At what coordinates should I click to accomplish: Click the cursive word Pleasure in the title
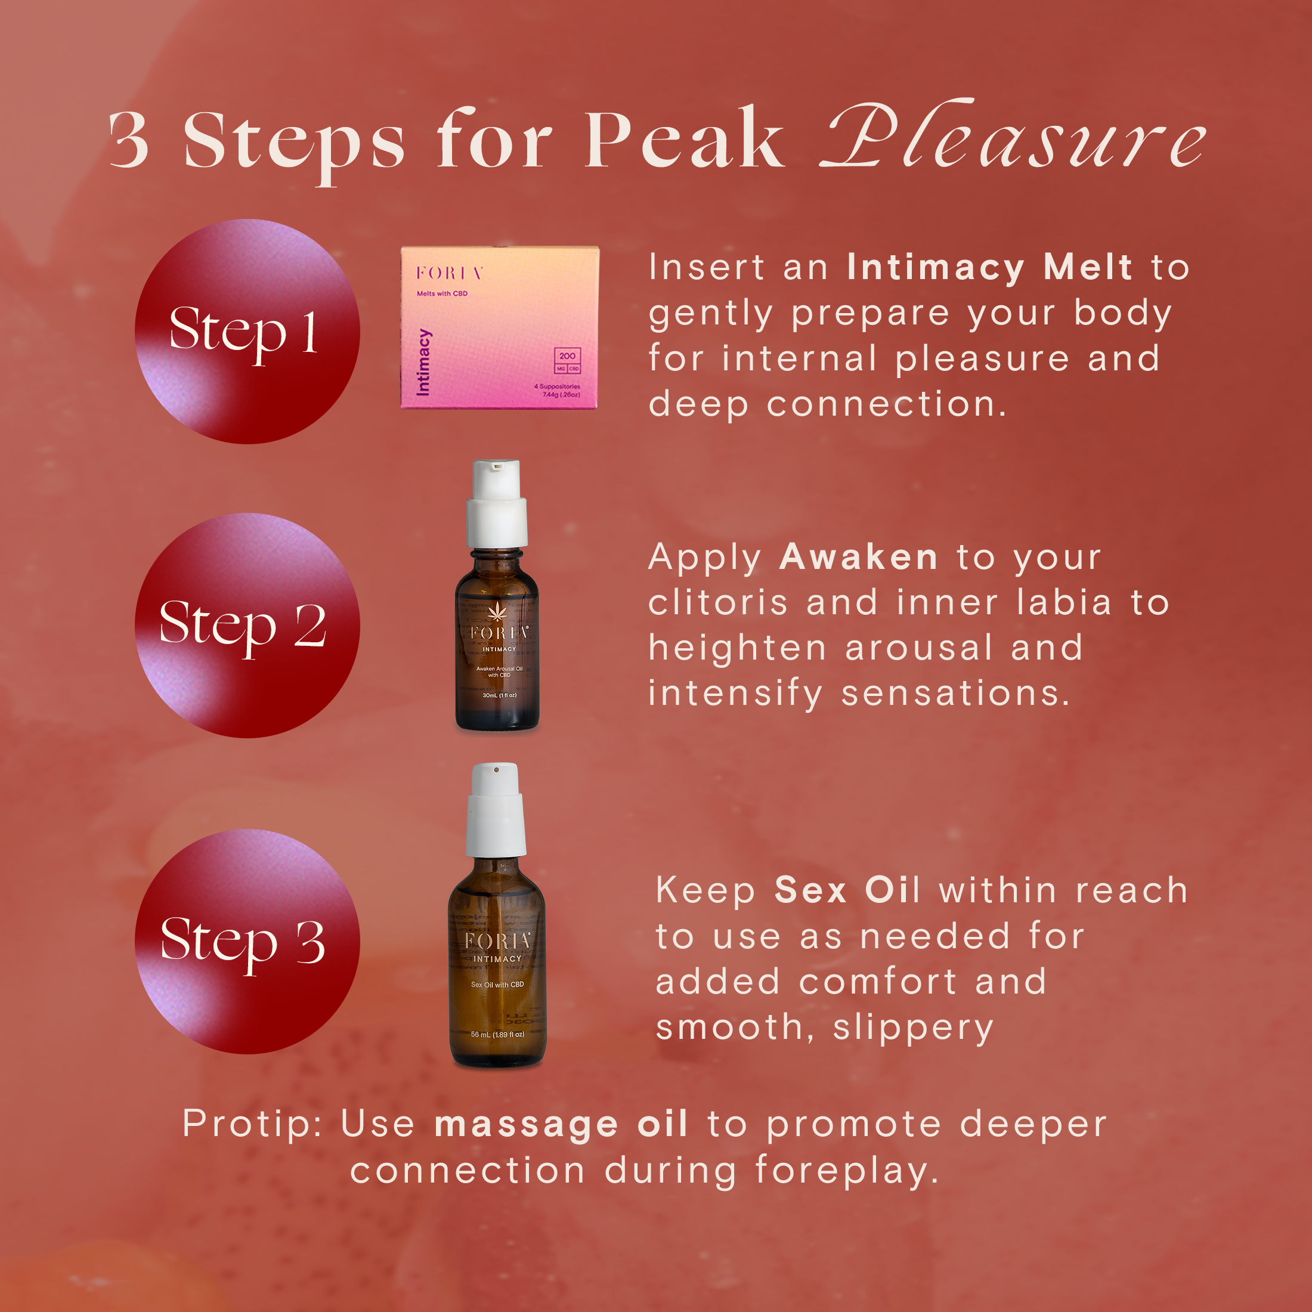point(1012,139)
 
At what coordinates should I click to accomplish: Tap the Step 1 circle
point(247,332)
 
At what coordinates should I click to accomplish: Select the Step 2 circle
point(247,626)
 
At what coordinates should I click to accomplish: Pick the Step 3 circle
point(247,941)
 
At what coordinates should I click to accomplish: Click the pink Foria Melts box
point(500,327)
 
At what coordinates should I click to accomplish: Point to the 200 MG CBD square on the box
point(567,361)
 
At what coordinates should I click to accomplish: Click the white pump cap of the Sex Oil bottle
point(496,809)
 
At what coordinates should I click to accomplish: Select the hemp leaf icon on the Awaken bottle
point(498,611)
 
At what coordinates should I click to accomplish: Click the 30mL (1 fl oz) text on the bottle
point(499,695)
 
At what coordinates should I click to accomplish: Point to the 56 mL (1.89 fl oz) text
point(497,1034)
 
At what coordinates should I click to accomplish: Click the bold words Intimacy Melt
point(989,267)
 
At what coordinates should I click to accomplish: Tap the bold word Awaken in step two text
point(858,557)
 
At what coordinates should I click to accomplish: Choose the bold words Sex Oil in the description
point(847,890)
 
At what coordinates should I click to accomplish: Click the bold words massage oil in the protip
point(561,1124)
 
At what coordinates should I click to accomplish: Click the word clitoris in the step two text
point(718,602)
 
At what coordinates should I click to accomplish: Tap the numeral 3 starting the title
point(129,141)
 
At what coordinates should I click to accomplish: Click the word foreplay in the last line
point(847,1171)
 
